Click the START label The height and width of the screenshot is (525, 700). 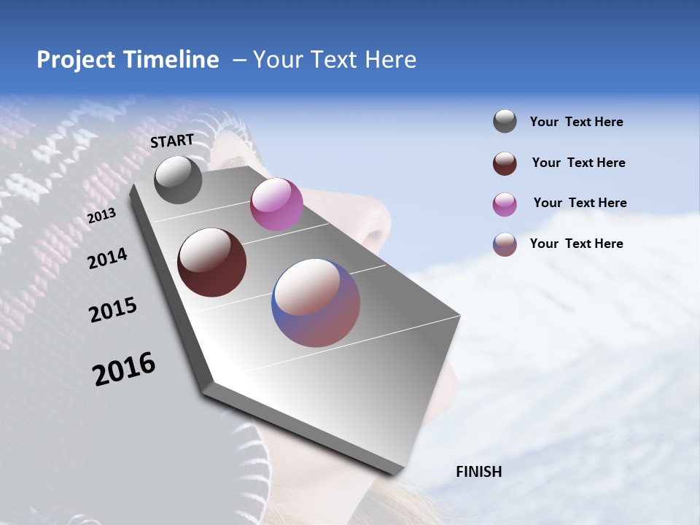pos(172,140)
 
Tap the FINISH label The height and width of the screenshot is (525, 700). pos(479,472)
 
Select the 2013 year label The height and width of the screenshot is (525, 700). pos(101,216)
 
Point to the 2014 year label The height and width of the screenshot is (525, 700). pos(107,258)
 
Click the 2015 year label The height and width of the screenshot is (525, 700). pos(113,310)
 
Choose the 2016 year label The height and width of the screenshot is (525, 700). pos(124,369)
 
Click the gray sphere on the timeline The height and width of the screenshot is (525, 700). pos(178,179)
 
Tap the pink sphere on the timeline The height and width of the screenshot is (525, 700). pos(276,204)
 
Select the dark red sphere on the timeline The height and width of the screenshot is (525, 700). pos(211,262)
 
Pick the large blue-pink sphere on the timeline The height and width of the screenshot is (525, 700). pos(316,303)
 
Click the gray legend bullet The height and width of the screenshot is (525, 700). pos(505,122)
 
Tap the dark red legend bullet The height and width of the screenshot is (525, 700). pos(505,163)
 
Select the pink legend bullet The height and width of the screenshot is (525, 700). pos(505,204)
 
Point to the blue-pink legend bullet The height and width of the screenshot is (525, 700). pos(505,244)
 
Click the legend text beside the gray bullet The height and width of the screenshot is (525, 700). pos(576,122)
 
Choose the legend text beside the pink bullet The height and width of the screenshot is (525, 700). pos(580,203)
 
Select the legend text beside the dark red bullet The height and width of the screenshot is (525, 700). pos(578,163)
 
